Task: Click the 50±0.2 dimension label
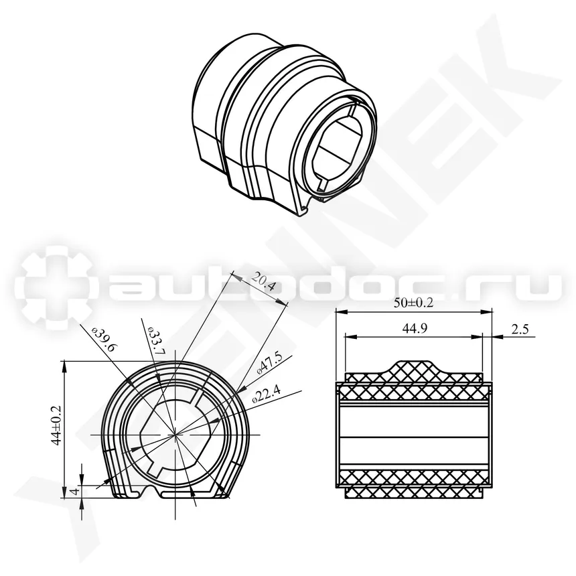[414, 303]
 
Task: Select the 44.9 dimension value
[415, 328]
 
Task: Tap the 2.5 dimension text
[520, 329]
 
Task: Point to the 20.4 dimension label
[263, 283]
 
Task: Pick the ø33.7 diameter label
[157, 340]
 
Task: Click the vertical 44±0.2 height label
[56, 425]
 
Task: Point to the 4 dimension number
[75, 491]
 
